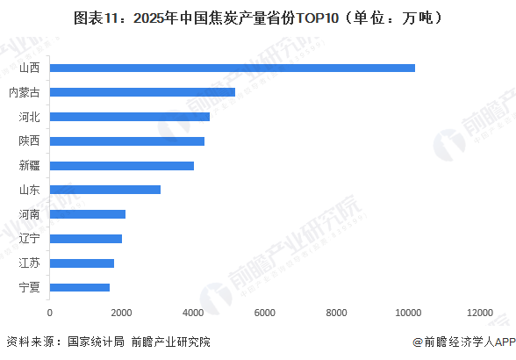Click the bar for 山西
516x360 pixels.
(x=233, y=68)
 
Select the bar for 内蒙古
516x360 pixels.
(x=142, y=92)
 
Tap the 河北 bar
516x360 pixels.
(x=130, y=117)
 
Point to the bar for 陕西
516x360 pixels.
(x=127, y=140)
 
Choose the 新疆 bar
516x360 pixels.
(x=122, y=165)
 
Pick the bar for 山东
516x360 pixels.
(x=105, y=189)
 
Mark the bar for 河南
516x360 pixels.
(x=88, y=213)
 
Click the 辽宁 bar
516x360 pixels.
(x=86, y=238)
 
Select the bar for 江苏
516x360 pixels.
(x=82, y=263)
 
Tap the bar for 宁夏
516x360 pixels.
(x=80, y=286)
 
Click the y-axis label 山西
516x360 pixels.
(x=28, y=68)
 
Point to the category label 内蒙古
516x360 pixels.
(x=24, y=92)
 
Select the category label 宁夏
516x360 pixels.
(x=28, y=286)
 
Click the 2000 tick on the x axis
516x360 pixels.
(x=122, y=313)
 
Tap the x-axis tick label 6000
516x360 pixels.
(x=265, y=313)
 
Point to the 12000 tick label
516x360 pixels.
(x=480, y=313)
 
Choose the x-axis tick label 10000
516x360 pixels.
(x=408, y=313)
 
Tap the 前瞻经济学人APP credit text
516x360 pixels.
(x=455, y=342)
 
